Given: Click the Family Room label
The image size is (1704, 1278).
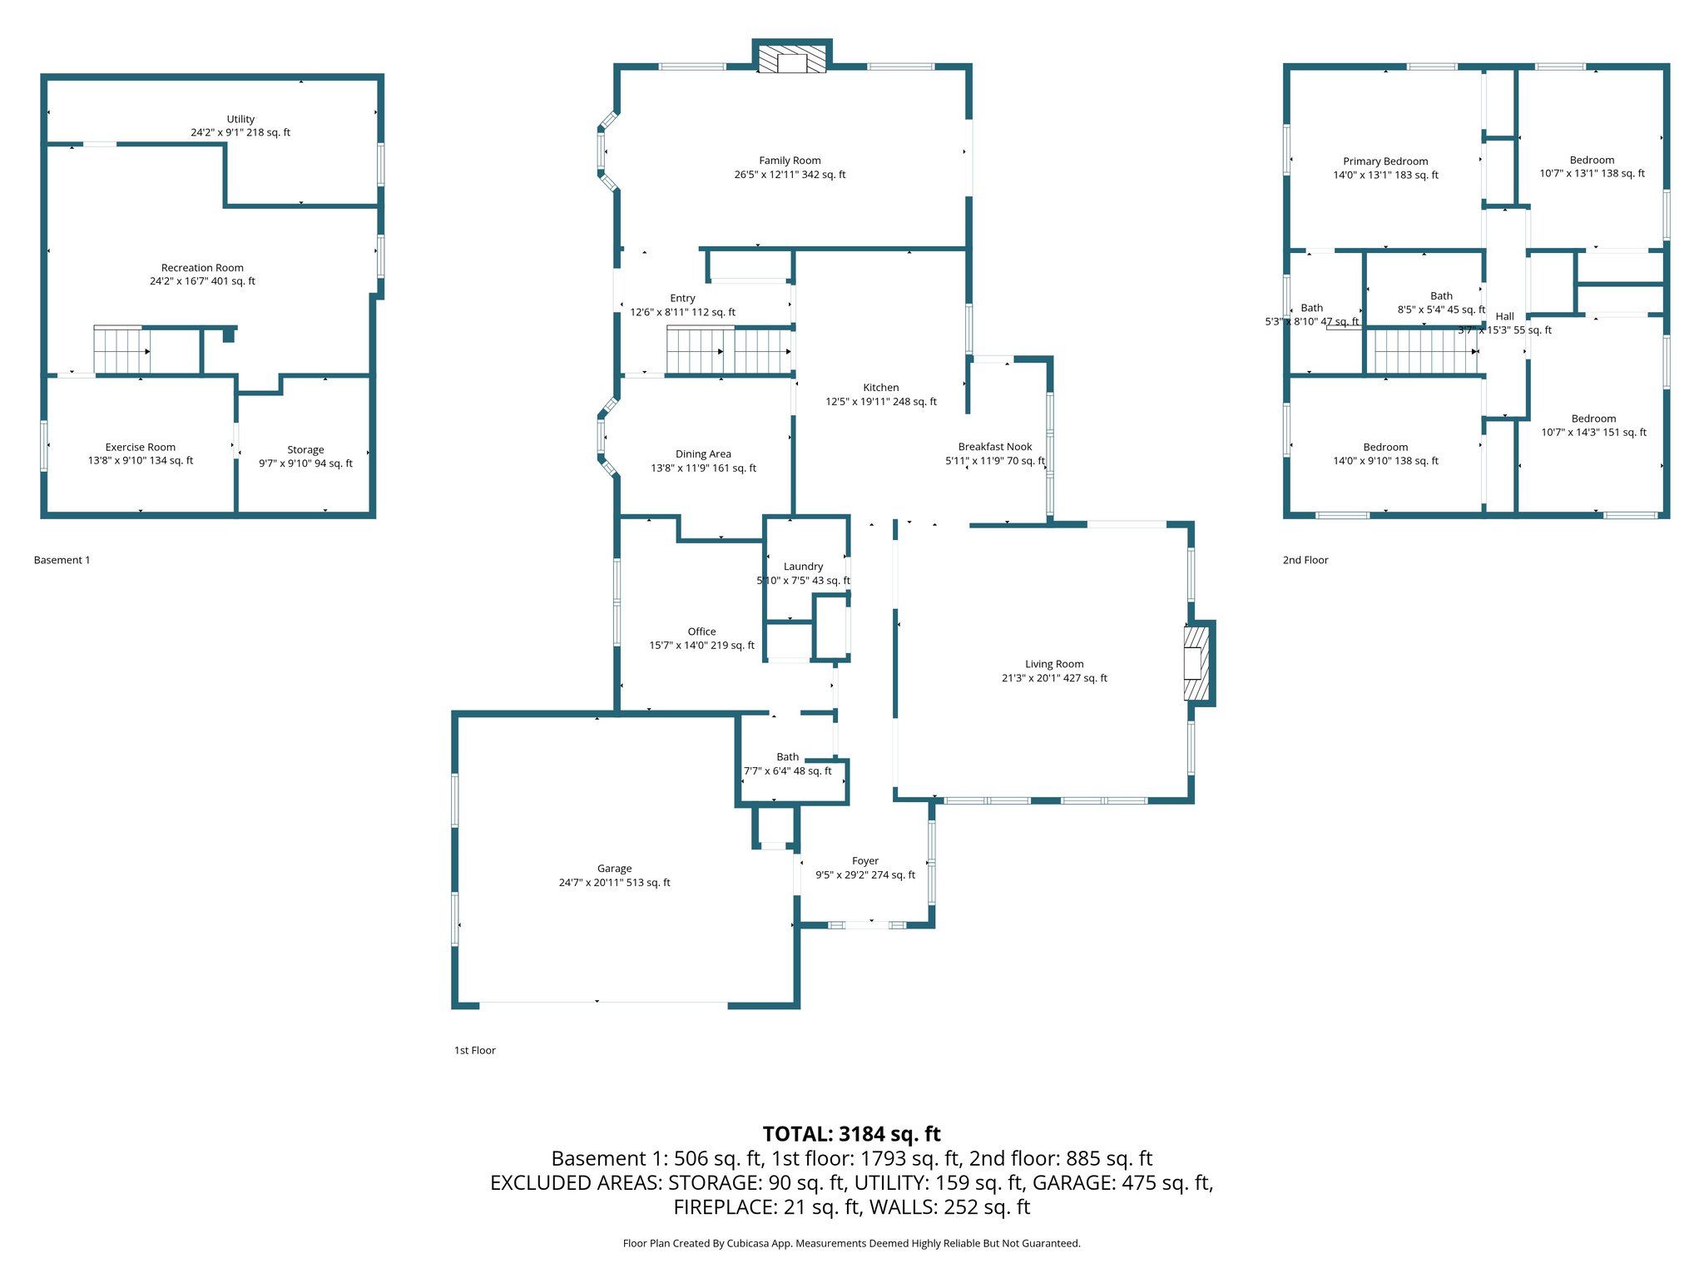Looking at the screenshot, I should [x=790, y=161].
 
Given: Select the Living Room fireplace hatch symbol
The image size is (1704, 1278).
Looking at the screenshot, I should [x=1196, y=663].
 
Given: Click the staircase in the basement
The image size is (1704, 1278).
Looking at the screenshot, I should [x=121, y=351].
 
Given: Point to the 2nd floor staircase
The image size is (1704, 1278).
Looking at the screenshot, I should [x=1425, y=351].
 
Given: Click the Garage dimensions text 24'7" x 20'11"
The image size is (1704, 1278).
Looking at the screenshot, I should [x=614, y=883].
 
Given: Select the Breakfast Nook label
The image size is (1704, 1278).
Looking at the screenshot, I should [x=994, y=447].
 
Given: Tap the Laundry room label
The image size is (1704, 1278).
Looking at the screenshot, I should [x=803, y=567].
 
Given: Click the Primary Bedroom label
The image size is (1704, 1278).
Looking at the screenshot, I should [x=1385, y=161].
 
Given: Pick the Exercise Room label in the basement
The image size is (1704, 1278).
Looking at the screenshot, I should [x=141, y=447].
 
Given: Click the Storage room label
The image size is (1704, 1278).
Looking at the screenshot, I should [x=305, y=449].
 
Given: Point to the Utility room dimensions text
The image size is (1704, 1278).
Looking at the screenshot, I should [x=240, y=132].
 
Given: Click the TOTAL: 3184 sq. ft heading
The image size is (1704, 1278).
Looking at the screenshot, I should [x=851, y=1134].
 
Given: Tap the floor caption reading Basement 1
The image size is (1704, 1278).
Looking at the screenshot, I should [x=62, y=560].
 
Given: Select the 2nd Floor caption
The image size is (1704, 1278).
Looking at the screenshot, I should [x=1305, y=560].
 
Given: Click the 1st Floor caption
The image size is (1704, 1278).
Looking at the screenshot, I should [x=474, y=1050].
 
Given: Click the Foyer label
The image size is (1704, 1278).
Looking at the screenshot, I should [x=865, y=861].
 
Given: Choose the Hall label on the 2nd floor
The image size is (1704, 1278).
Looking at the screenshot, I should [x=1504, y=316].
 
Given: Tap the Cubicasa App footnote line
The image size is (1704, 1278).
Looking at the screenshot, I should [x=851, y=1243].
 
